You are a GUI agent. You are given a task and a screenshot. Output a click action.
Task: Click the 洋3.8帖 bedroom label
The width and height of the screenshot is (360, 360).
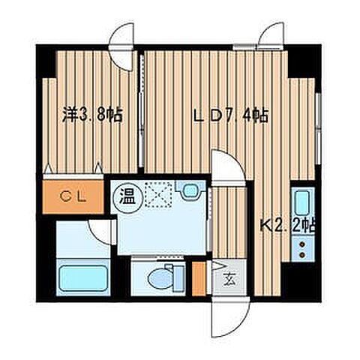(92, 115)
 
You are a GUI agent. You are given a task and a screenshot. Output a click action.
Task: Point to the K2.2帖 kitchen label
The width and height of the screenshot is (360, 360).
(288, 223)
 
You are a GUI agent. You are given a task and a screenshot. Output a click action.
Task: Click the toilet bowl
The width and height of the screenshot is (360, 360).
(160, 278)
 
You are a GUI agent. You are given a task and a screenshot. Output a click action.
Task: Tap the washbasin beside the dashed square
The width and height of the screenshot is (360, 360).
(190, 192)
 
